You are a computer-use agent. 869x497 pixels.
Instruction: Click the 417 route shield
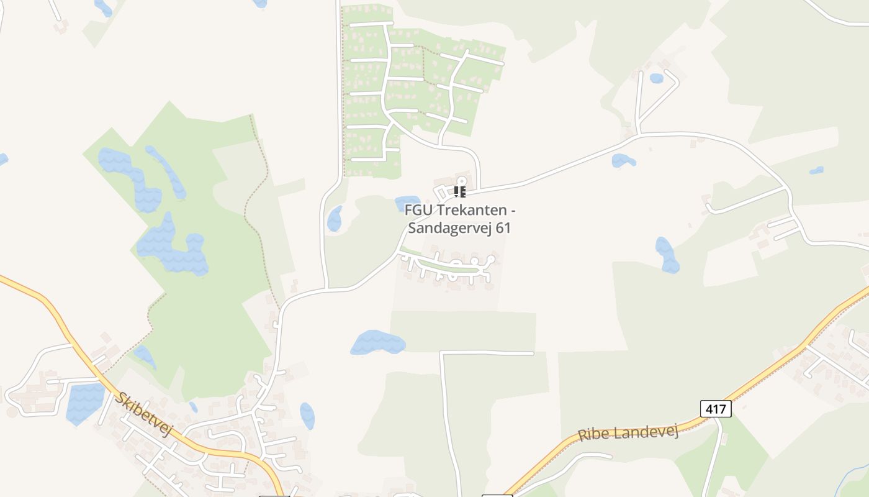click(716, 409)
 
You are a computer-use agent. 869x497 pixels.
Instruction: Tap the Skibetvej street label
click(143, 414)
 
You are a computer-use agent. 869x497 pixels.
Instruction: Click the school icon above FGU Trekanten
click(459, 191)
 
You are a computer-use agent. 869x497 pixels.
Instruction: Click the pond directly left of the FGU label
click(407, 203)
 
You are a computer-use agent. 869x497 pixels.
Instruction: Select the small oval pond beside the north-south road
click(335, 218)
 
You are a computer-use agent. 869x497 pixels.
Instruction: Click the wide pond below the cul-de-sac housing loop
click(377, 343)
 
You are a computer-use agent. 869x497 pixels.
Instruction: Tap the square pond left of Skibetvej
click(84, 403)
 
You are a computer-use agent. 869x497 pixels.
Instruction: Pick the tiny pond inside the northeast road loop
click(656, 78)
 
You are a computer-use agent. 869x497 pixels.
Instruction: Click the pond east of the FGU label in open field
click(667, 255)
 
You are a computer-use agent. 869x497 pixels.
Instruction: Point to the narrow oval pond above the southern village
click(307, 416)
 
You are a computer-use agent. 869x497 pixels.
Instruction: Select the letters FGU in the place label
click(418, 211)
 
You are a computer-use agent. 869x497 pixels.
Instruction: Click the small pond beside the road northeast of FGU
click(623, 161)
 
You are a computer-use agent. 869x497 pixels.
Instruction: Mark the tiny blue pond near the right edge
click(816, 170)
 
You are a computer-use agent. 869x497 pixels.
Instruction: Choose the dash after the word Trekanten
click(512, 211)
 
